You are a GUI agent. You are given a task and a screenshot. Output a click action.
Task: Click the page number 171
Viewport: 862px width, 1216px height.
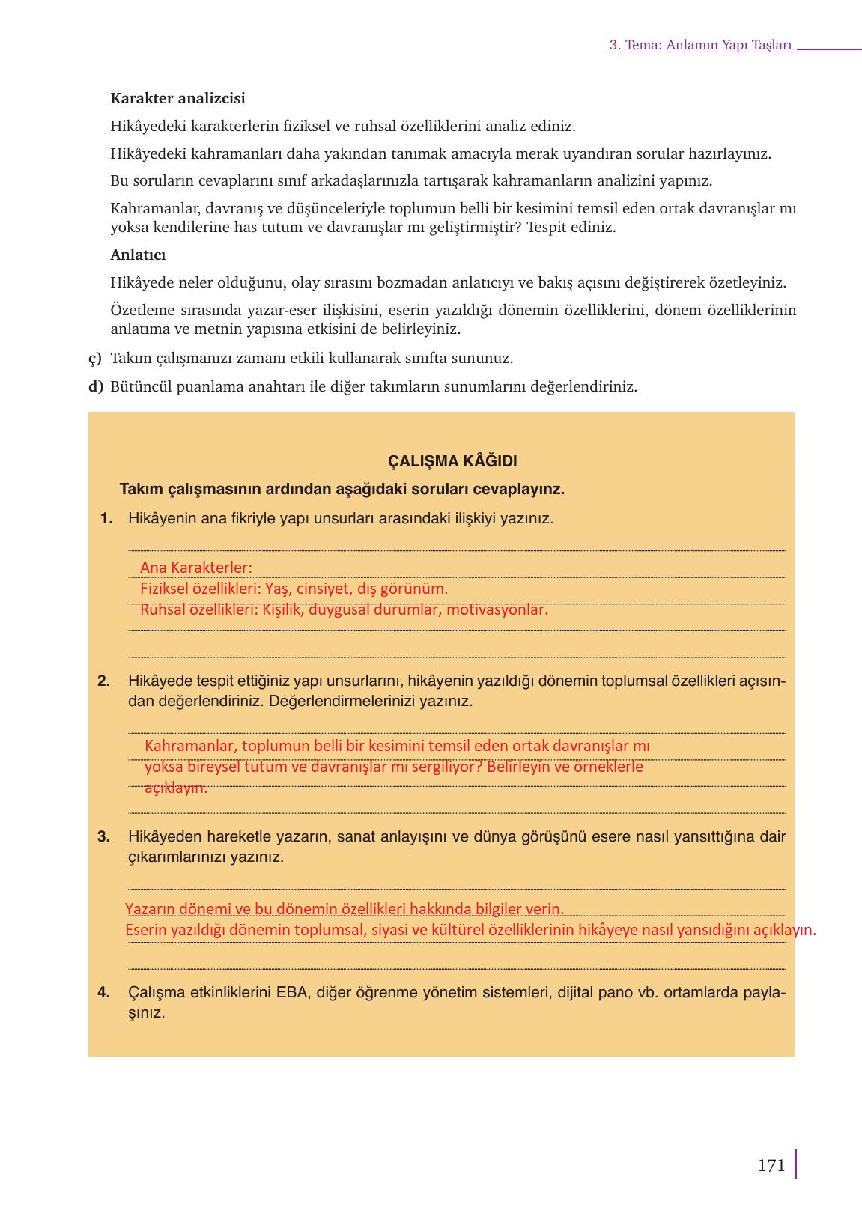[x=771, y=1165]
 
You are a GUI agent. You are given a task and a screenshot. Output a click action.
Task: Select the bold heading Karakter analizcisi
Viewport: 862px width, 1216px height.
[x=177, y=98]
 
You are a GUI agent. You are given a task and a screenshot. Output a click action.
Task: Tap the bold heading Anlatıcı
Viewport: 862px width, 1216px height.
[x=138, y=255]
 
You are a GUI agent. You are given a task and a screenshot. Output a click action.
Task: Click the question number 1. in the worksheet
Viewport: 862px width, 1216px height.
[x=106, y=518]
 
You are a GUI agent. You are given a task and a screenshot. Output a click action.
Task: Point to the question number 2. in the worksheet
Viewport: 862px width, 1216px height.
[x=104, y=681]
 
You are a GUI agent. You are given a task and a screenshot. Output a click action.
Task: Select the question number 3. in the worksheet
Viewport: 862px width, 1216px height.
[x=104, y=836]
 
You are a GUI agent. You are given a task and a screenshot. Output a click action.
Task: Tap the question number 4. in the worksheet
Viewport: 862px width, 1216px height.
[x=104, y=993]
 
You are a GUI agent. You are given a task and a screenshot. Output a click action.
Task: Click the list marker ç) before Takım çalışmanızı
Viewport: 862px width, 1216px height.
[x=95, y=358]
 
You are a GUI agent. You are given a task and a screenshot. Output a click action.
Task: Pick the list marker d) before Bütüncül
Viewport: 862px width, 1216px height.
[x=95, y=387]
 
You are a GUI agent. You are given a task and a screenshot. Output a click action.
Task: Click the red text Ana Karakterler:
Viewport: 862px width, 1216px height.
[x=196, y=568]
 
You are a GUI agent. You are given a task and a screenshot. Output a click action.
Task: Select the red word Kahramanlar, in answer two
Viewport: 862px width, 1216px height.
[x=191, y=746]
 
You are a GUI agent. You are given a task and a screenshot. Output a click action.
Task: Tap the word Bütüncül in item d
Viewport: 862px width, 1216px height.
[x=141, y=387]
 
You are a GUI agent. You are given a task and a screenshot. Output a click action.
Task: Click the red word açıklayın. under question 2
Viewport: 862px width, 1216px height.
[x=175, y=788]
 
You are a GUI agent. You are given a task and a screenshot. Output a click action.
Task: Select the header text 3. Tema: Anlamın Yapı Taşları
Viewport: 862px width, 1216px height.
[x=700, y=45]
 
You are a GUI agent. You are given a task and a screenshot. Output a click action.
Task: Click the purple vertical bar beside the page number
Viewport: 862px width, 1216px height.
[x=795, y=1164]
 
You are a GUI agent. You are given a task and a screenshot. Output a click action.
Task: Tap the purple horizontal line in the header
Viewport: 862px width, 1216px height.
[x=829, y=49]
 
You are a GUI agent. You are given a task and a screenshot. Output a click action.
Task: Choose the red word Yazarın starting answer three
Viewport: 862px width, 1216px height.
[x=150, y=909]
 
